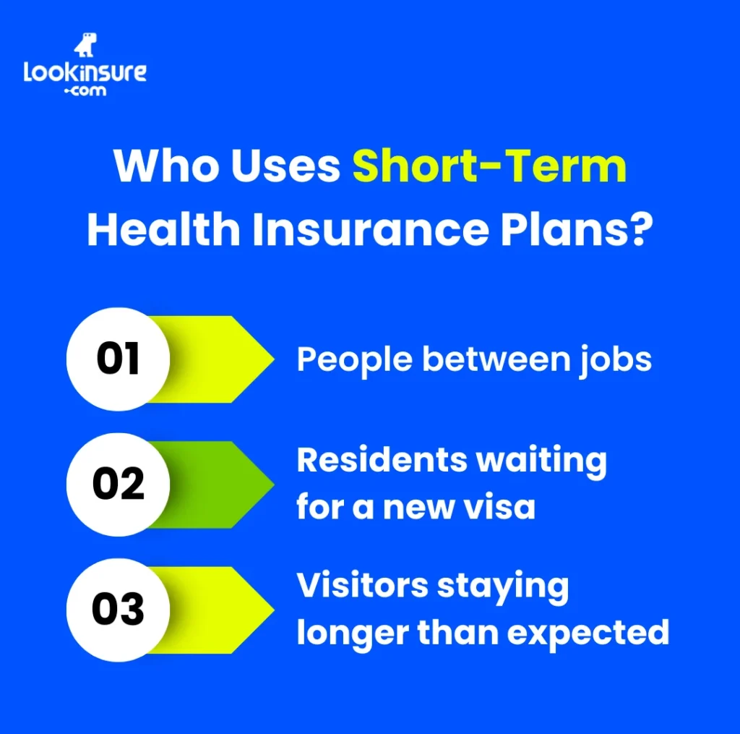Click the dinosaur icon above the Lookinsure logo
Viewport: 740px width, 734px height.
[x=85, y=46]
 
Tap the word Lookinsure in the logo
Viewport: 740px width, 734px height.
[x=85, y=72]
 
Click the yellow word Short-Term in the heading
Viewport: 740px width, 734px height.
[x=489, y=167]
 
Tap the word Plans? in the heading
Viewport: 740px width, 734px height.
[x=575, y=229]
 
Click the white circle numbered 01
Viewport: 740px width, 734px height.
[x=118, y=359]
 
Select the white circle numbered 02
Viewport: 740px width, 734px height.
[x=118, y=485]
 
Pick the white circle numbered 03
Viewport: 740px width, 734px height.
[x=118, y=610]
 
